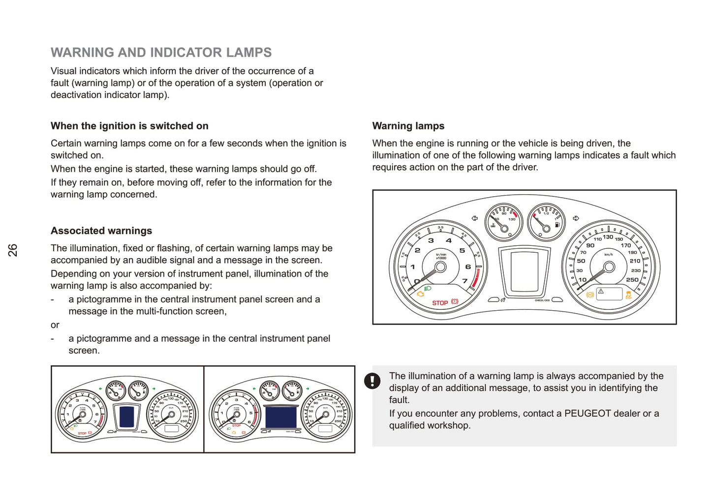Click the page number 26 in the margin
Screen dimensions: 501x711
point(13,250)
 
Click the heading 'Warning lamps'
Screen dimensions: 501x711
point(408,126)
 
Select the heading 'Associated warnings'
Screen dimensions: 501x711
point(101,231)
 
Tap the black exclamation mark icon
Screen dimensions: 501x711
point(372,381)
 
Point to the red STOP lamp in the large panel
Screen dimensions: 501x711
point(440,303)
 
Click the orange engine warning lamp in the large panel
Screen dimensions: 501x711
point(421,294)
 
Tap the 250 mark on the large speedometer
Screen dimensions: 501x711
point(632,280)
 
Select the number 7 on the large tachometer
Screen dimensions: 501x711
point(464,281)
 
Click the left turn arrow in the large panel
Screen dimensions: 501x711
point(474,218)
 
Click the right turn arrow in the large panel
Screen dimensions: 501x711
point(576,218)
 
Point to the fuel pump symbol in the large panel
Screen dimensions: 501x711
point(557,225)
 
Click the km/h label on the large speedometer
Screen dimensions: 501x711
point(609,254)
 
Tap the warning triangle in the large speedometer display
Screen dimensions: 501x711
point(601,292)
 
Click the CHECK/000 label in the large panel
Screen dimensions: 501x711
point(542,300)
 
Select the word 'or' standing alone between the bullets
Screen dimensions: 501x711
point(55,325)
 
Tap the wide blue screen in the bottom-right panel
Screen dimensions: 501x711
point(281,417)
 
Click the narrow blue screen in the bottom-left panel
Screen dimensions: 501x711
point(127,417)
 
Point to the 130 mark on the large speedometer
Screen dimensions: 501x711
point(608,237)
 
